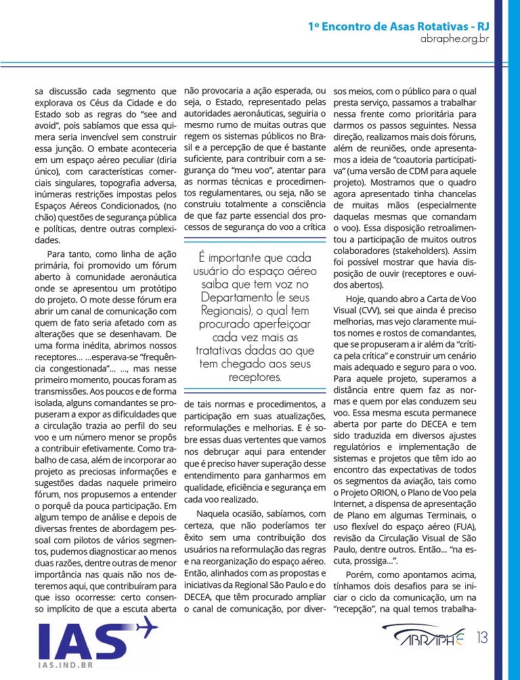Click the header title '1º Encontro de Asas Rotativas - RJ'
pyautogui.click(x=398, y=27)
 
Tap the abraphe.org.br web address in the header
pyautogui.click(x=454, y=40)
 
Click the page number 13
pyautogui.click(x=483, y=637)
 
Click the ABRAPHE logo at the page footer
pyautogui.click(x=427, y=639)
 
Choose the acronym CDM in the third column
pyautogui.click(x=431, y=167)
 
